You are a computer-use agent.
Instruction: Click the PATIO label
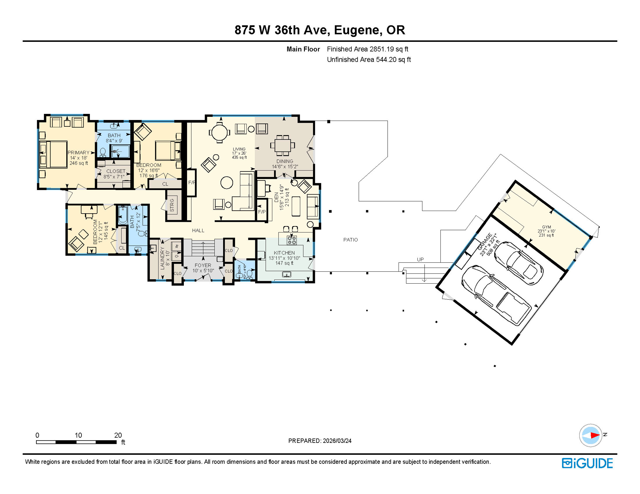point(350,240)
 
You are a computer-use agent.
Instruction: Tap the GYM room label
point(546,227)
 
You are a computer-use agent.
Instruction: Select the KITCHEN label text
point(284,253)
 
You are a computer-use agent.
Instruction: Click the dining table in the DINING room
point(282,145)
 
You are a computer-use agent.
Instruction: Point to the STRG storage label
point(172,205)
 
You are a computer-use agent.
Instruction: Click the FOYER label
point(203,265)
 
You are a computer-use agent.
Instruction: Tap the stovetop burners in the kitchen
point(292,240)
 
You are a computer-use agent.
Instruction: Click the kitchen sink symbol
point(287,274)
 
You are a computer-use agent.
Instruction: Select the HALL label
point(198,230)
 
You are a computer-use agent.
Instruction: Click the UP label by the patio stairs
point(420,259)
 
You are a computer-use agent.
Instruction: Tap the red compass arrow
point(595,435)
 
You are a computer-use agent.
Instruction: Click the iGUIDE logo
point(587,463)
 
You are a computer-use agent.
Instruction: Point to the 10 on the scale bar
point(78,435)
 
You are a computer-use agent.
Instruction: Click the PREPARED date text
point(320,441)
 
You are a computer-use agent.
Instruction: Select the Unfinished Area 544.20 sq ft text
point(369,59)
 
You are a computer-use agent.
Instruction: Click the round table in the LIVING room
point(219,133)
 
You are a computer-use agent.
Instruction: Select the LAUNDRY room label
point(162,258)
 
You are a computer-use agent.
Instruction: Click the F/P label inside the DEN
point(262,212)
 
